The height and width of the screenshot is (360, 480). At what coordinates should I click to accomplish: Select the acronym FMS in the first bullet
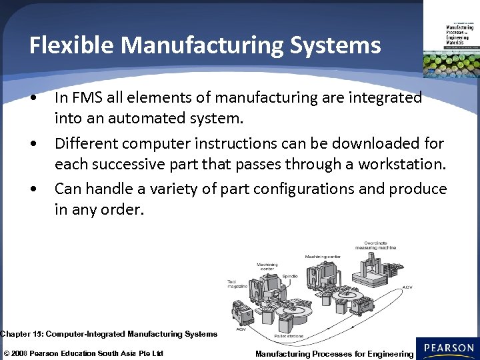point(85,98)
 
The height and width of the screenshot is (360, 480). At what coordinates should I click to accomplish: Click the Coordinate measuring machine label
point(379,245)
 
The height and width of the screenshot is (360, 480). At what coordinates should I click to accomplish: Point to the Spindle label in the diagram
point(291,276)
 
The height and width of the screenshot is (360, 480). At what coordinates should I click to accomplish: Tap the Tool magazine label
point(238,283)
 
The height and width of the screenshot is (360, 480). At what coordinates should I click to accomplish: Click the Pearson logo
point(448,349)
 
